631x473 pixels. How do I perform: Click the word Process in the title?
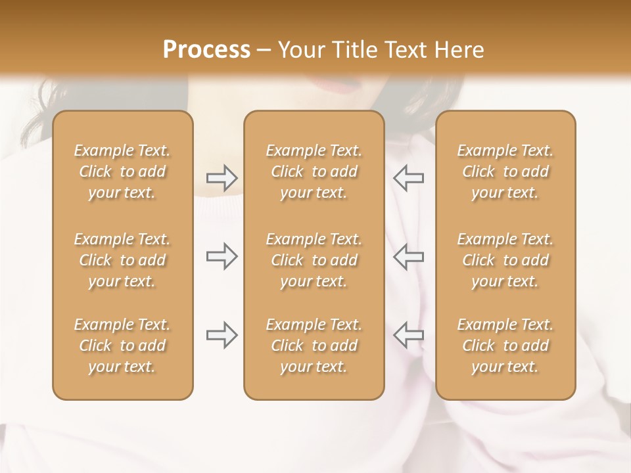pos(206,50)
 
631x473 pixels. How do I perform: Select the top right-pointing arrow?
pos(222,177)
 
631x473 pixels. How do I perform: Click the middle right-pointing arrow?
pos(222,257)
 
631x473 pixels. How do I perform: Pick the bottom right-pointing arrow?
pos(222,335)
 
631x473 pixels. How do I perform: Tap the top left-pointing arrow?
pos(408,177)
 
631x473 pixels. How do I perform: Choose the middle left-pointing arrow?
pos(408,257)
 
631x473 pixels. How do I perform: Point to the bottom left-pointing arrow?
pos(408,335)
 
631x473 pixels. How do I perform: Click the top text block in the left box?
pos(122,171)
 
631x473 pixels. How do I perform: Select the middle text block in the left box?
pos(122,260)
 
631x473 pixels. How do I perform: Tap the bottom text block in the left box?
pos(122,346)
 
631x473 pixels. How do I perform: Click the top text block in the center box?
pos(314,171)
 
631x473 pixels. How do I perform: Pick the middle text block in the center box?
pos(314,260)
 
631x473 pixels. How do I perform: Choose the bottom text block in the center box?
pos(314,346)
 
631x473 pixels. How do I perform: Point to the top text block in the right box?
pos(505,171)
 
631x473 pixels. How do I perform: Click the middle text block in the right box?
pos(505,260)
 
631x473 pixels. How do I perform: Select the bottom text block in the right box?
pos(505,346)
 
